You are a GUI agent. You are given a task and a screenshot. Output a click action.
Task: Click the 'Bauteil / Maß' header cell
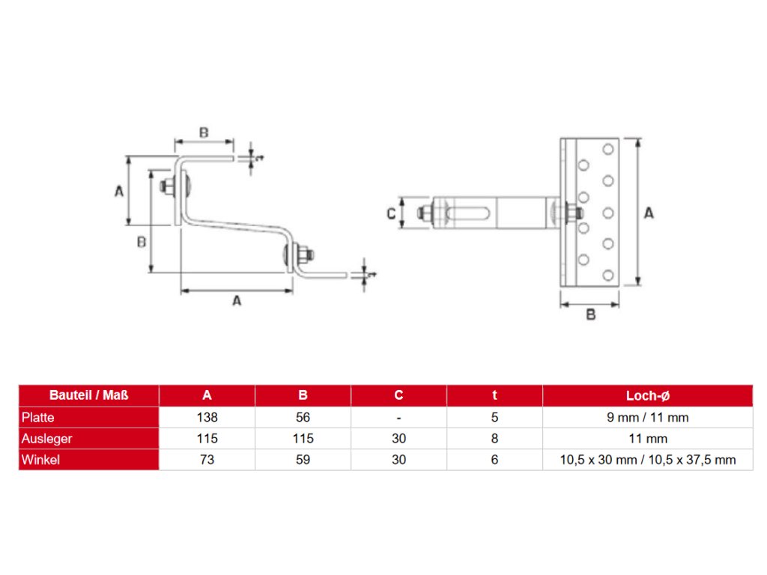point(88,395)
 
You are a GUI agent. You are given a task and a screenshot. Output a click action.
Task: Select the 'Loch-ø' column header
point(647,395)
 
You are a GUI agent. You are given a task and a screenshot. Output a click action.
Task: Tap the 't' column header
point(494,395)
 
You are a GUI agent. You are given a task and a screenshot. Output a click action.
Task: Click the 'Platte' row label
point(38,418)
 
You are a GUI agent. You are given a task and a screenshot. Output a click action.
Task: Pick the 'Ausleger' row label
point(46,439)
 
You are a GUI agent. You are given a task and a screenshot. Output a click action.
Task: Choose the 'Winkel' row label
point(40,460)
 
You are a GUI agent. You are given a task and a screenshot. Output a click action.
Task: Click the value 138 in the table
point(207,418)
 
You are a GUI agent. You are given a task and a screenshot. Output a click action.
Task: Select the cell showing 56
point(303,418)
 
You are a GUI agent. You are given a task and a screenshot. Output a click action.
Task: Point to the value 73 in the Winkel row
point(207,460)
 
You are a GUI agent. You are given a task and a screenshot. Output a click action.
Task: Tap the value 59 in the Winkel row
point(303,460)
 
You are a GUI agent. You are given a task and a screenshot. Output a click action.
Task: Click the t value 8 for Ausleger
point(494,439)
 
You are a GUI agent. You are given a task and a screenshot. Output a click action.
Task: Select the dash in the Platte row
point(398,418)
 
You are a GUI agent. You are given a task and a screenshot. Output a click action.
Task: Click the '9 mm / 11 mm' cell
point(647,418)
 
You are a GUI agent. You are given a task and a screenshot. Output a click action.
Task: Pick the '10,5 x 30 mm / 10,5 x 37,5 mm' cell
point(647,460)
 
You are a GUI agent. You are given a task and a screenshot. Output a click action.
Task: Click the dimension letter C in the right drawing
point(391,213)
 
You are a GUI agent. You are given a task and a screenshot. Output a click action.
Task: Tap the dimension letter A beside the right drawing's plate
point(649,213)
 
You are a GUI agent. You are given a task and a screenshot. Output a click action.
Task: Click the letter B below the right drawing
point(590,315)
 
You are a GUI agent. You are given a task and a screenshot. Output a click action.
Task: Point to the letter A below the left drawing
point(237,301)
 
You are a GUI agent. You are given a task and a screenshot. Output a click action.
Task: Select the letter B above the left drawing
point(203,133)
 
